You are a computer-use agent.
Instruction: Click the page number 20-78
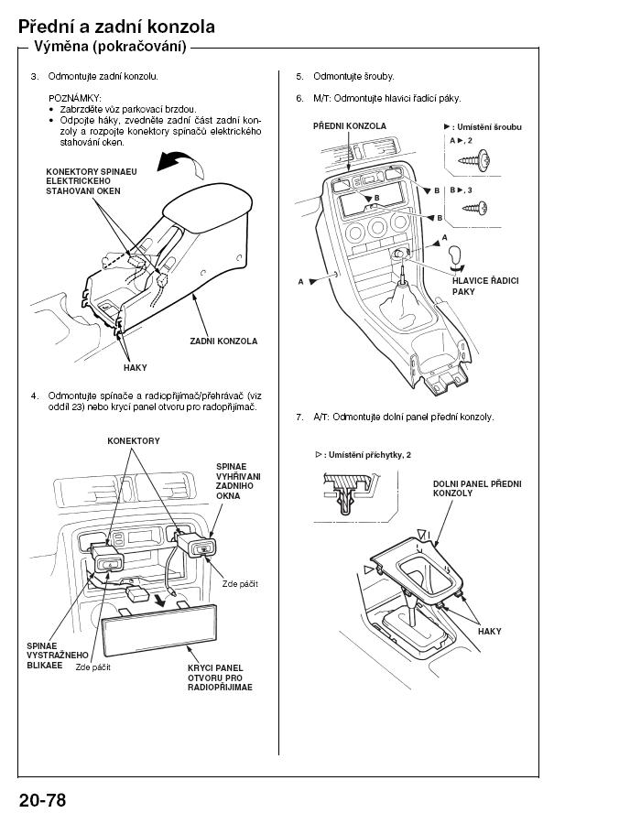point(42,798)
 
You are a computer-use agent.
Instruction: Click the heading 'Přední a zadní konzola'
point(116,27)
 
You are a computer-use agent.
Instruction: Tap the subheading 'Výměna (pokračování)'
point(110,47)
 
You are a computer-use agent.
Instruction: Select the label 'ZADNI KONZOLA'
point(223,341)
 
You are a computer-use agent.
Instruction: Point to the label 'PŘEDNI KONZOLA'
point(349,125)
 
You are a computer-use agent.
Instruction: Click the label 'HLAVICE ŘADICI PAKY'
point(484,287)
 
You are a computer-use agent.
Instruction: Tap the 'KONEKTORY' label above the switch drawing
point(133,440)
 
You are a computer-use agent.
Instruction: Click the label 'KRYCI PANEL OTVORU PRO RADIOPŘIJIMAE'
point(219,677)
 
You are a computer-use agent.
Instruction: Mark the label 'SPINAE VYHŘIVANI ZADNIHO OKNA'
point(238,480)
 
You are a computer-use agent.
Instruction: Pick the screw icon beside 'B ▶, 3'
point(476,208)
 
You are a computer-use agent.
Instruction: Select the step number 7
point(299,417)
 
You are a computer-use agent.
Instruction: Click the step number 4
point(34,396)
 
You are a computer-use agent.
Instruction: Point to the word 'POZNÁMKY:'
point(74,97)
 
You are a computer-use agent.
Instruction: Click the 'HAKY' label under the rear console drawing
point(135,367)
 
